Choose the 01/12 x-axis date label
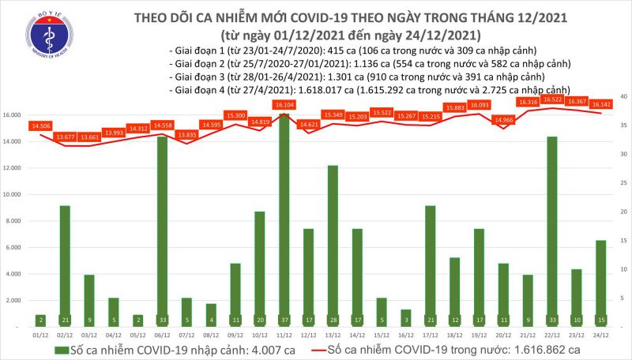coord(39,335)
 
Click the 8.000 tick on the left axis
coord(22,221)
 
